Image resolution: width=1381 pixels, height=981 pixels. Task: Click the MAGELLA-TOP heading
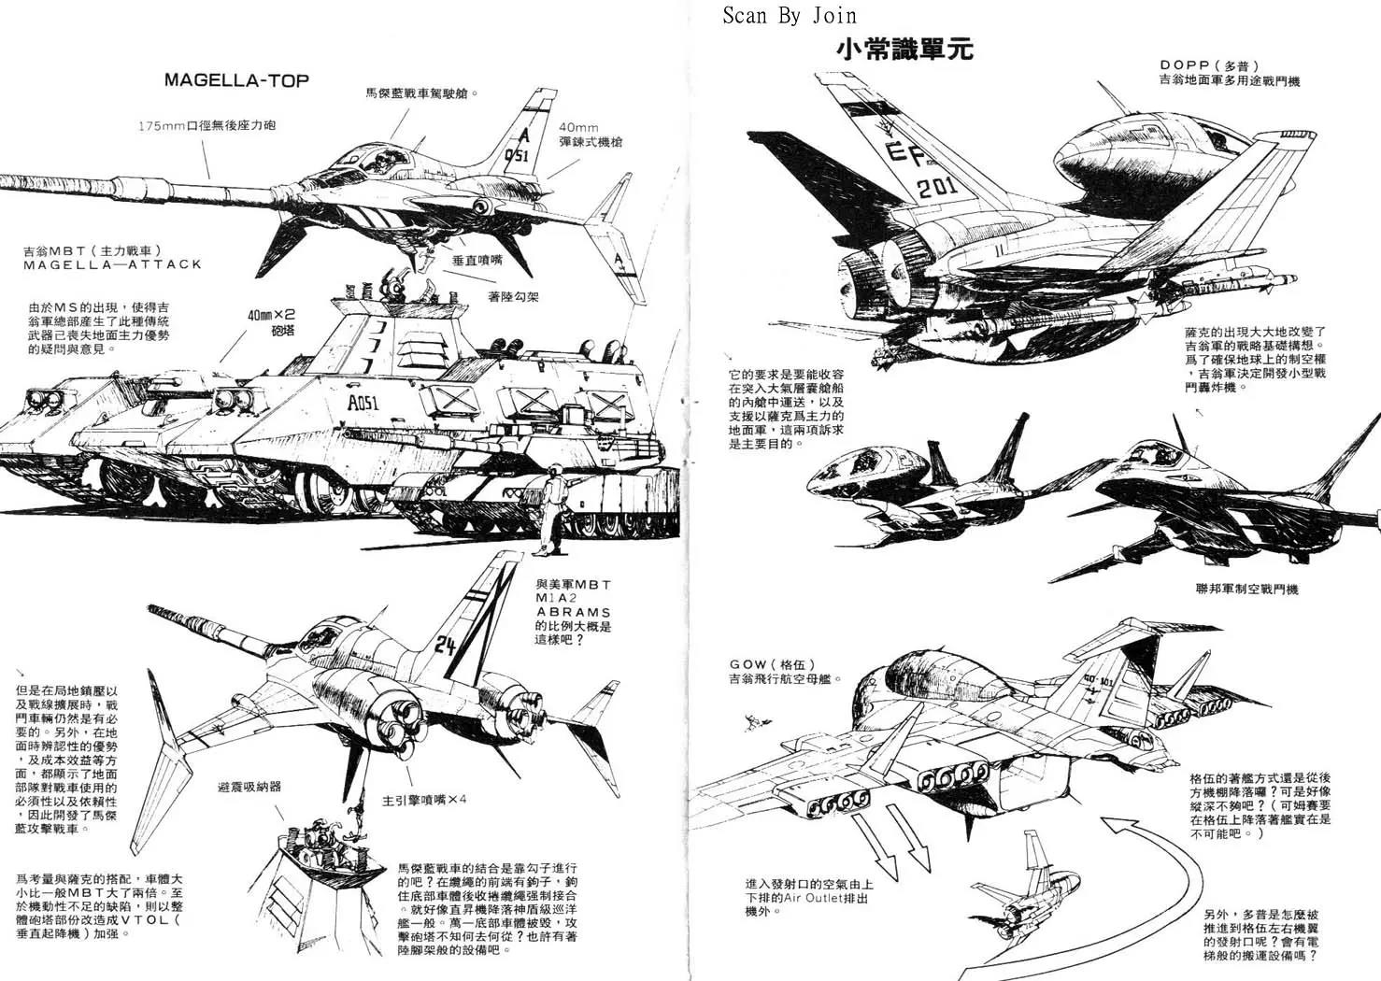pyautogui.click(x=236, y=79)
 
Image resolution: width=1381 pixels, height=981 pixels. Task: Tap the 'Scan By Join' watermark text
pyautogui.click(x=789, y=15)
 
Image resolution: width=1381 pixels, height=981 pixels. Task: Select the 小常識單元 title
pyautogui.click(x=905, y=49)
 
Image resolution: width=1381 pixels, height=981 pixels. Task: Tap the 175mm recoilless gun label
pyautogui.click(x=206, y=125)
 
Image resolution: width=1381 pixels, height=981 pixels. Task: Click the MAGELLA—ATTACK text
pyautogui.click(x=112, y=264)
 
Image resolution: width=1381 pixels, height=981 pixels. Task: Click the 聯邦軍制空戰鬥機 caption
pyautogui.click(x=1246, y=589)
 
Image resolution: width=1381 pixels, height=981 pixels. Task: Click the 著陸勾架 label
pyautogui.click(x=513, y=298)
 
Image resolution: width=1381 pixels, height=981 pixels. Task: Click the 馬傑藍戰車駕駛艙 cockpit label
pyautogui.click(x=422, y=93)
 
